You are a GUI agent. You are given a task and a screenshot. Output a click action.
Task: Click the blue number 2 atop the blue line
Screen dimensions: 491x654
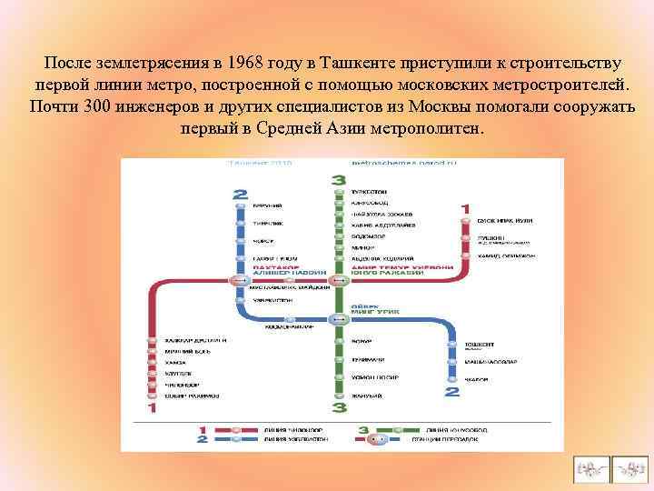(x=240, y=194)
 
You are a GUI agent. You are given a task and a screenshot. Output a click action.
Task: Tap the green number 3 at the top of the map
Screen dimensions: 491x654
(x=338, y=179)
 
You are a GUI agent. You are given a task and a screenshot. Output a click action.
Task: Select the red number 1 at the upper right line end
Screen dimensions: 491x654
(x=465, y=210)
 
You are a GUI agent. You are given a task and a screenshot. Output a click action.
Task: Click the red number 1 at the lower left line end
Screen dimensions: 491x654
(x=152, y=408)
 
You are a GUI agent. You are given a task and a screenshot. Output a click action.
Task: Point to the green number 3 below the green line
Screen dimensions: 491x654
(x=338, y=408)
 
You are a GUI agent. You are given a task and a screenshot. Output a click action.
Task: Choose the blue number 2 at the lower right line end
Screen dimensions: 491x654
(x=451, y=393)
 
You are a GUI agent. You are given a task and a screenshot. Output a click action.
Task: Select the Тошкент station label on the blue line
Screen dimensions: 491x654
(x=480, y=346)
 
